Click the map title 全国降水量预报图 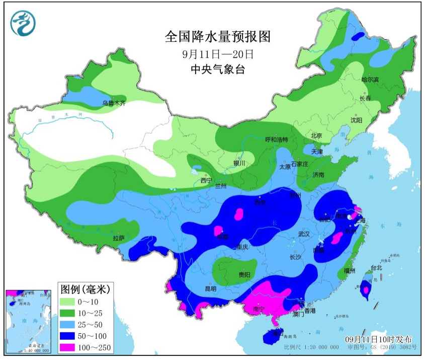click(x=218, y=37)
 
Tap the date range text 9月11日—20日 click(x=218, y=53)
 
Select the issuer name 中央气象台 click(x=218, y=69)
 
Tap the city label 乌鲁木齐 click(x=113, y=103)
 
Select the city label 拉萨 click(x=119, y=238)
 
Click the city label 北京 click(x=316, y=135)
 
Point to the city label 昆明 click(x=210, y=289)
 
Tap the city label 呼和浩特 click(x=276, y=139)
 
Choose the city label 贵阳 click(x=244, y=275)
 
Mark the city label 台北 click(x=376, y=268)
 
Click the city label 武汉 click(x=304, y=234)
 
